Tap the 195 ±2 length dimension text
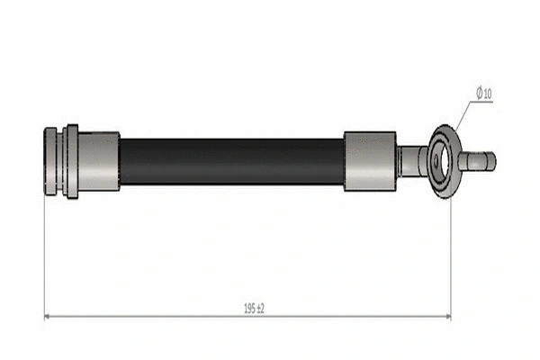[254, 308]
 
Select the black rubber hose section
[231, 161]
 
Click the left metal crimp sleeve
[99, 161]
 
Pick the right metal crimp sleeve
[369, 161]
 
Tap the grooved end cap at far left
[52, 161]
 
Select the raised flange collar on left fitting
[71, 161]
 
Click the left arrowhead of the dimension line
[49, 316]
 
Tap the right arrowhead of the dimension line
[446, 316]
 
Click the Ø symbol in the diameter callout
[481, 94]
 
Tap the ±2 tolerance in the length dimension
[261, 308]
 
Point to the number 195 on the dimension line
[247, 308]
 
